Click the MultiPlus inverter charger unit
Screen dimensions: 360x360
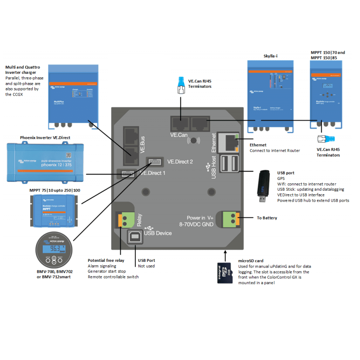72,93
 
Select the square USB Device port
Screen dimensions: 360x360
134,237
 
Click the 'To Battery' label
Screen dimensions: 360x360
267,218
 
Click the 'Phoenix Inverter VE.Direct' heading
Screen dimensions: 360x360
45,137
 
